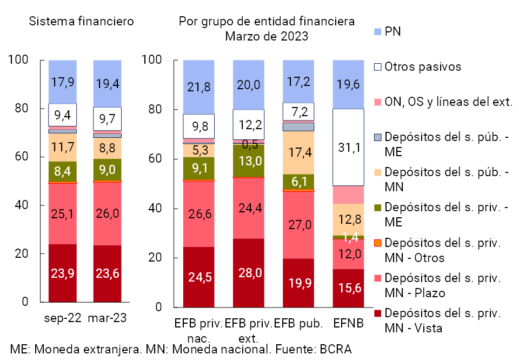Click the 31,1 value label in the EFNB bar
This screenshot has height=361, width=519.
click(348, 147)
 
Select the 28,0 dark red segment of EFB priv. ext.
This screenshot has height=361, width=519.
click(249, 273)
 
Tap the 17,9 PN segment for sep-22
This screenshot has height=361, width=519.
click(63, 82)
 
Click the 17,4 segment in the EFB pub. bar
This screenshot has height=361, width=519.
click(298, 152)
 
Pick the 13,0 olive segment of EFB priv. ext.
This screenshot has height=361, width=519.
click(249, 161)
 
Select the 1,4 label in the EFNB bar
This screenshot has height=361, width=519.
click(348, 236)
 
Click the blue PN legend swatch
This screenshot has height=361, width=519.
click(378, 32)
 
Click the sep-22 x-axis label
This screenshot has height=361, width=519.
click(63, 318)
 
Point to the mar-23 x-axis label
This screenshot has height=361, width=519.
click(108, 318)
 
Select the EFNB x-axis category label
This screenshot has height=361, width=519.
click(348, 323)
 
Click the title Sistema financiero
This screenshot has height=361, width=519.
click(81, 22)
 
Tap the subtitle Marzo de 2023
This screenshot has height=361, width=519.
click(267, 37)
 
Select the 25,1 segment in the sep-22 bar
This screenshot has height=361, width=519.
click(63, 213)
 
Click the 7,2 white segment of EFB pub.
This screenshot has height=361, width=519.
click(298, 112)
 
